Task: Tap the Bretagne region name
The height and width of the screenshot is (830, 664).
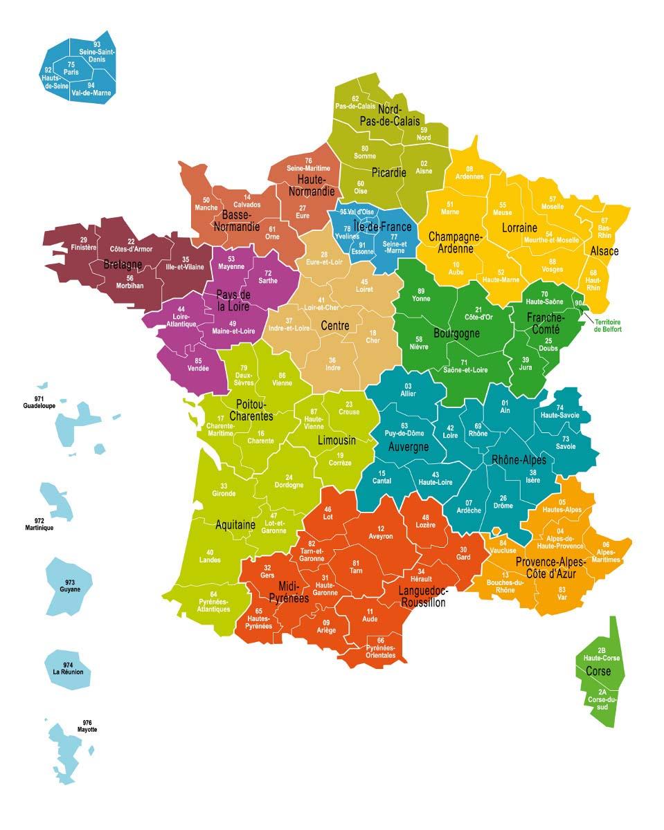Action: [123, 265]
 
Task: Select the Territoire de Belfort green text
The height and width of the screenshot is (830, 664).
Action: [607, 325]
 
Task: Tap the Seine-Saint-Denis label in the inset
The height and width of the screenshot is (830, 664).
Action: [98, 53]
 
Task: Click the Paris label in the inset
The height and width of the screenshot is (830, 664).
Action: [71, 68]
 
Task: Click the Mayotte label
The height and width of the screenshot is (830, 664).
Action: [87, 727]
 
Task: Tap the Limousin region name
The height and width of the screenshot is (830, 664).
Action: [337, 441]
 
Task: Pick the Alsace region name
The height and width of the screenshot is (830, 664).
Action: [604, 251]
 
